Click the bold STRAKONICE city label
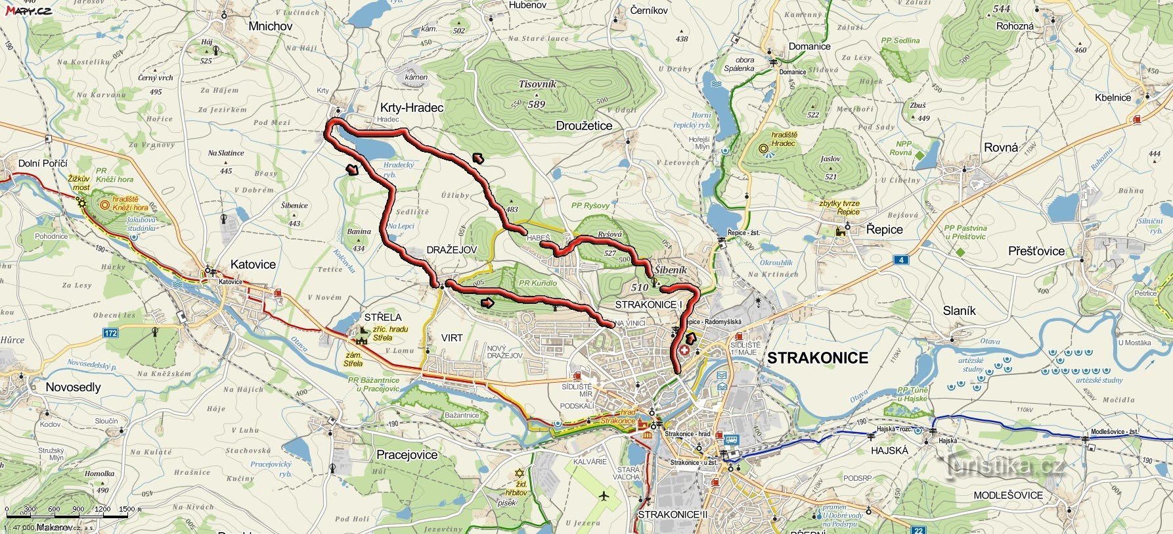pyautogui.click(x=818, y=358)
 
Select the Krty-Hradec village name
pyautogui.click(x=412, y=108)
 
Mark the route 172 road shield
pyautogui.click(x=110, y=333)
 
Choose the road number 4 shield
pyautogui.click(x=902, y=260)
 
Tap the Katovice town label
pyautogui.click(x=253, y=264)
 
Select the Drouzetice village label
pyautogui.click(x=584, y=126)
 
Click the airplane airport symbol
pyautogui.click(x=604, y=495)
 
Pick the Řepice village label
pyautogui.click(x=884, y=230)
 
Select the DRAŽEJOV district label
pyautogui.click(x=451, y=250)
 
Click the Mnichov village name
pyautogui.click(x=270, y=26)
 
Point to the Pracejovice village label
pyautogui.click(x=407, y=454)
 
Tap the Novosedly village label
pyautogui.click(x=73, y=387)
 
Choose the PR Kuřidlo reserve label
pyautogui.click(x=537, y=283)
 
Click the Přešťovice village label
pyautogui.click(x=1036, y=251)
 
